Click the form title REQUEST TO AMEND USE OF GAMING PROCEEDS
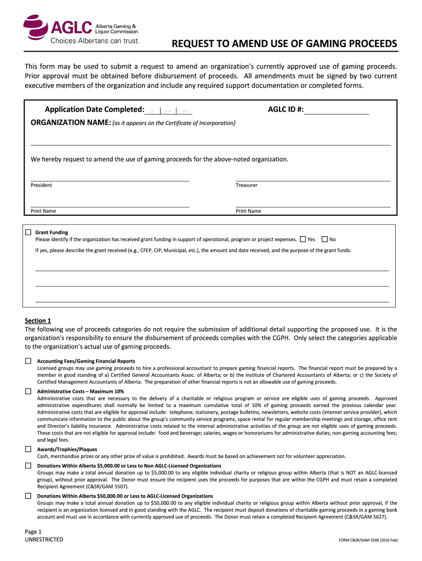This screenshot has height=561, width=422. pyautogui.click(x=284, y=44)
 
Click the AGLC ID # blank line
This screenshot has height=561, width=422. pyautogui.click(x=337, y=111)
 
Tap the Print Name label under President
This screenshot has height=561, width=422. pyautogui.click(x=43, y=211)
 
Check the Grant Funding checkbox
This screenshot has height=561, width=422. pyautogui.click(x=28, y=232)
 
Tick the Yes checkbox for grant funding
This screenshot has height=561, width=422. pyautogui.click(x=303, y=239)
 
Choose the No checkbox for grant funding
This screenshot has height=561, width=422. pyautogui.click(x=324, y=239)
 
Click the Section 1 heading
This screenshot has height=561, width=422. pyautogui.click(x=38, y=320)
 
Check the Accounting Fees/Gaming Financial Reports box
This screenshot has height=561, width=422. pyautogui.click(x=28, y=361)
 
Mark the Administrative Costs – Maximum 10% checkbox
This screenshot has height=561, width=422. pyautogui.click(x=28, y=391)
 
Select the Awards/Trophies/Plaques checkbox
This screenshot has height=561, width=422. pyautogui.click(x=28, y=449)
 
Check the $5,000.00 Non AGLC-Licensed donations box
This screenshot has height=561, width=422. pyautogui.click(x=28, y=465)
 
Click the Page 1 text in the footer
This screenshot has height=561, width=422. pyautogui.click(x=33, y=531)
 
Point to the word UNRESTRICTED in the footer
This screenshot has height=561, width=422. pyautogui.click(x=44, y=540)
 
